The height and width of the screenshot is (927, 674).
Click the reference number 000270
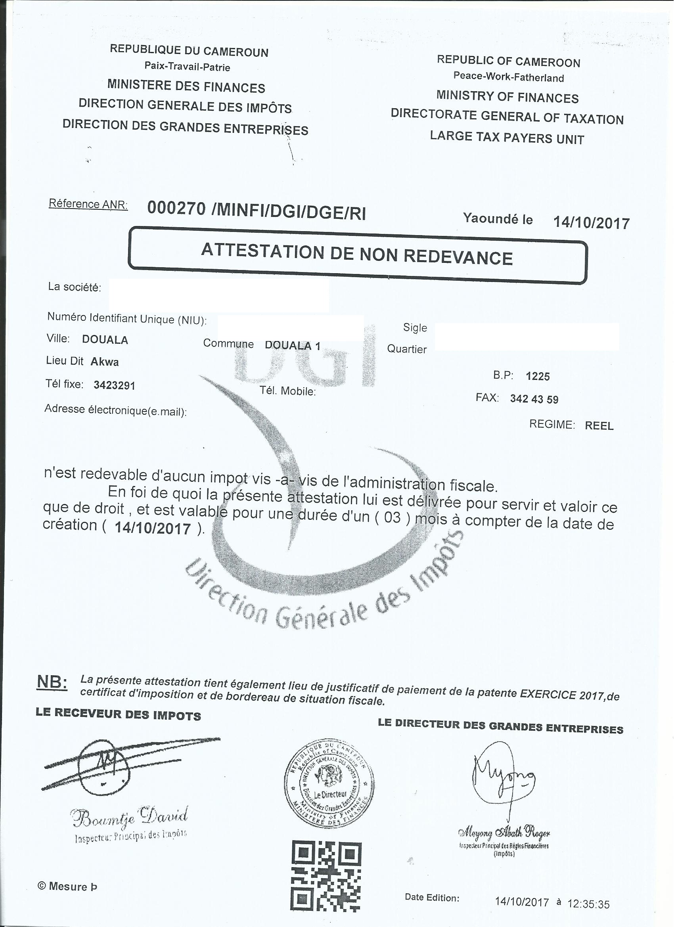tap(176, 209)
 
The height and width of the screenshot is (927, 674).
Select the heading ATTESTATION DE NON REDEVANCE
tap(357, 255)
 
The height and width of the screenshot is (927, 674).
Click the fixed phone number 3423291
tap(115, 385)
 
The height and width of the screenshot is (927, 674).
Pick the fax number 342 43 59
tap(534, 399)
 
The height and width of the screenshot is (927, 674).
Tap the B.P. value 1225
tap(538, 376)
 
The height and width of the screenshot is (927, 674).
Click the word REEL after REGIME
tap(599, 426)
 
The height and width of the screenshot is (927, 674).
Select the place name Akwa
tap(105, 362)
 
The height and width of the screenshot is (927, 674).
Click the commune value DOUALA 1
tap(292, 345)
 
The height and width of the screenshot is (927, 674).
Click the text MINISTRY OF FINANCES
tap(507, 97)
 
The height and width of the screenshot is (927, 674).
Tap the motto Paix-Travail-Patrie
tap(187, 67)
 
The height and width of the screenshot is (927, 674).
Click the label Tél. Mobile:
tap(288, 391)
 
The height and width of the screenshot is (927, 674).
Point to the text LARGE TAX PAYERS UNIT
tap(507, 138)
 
